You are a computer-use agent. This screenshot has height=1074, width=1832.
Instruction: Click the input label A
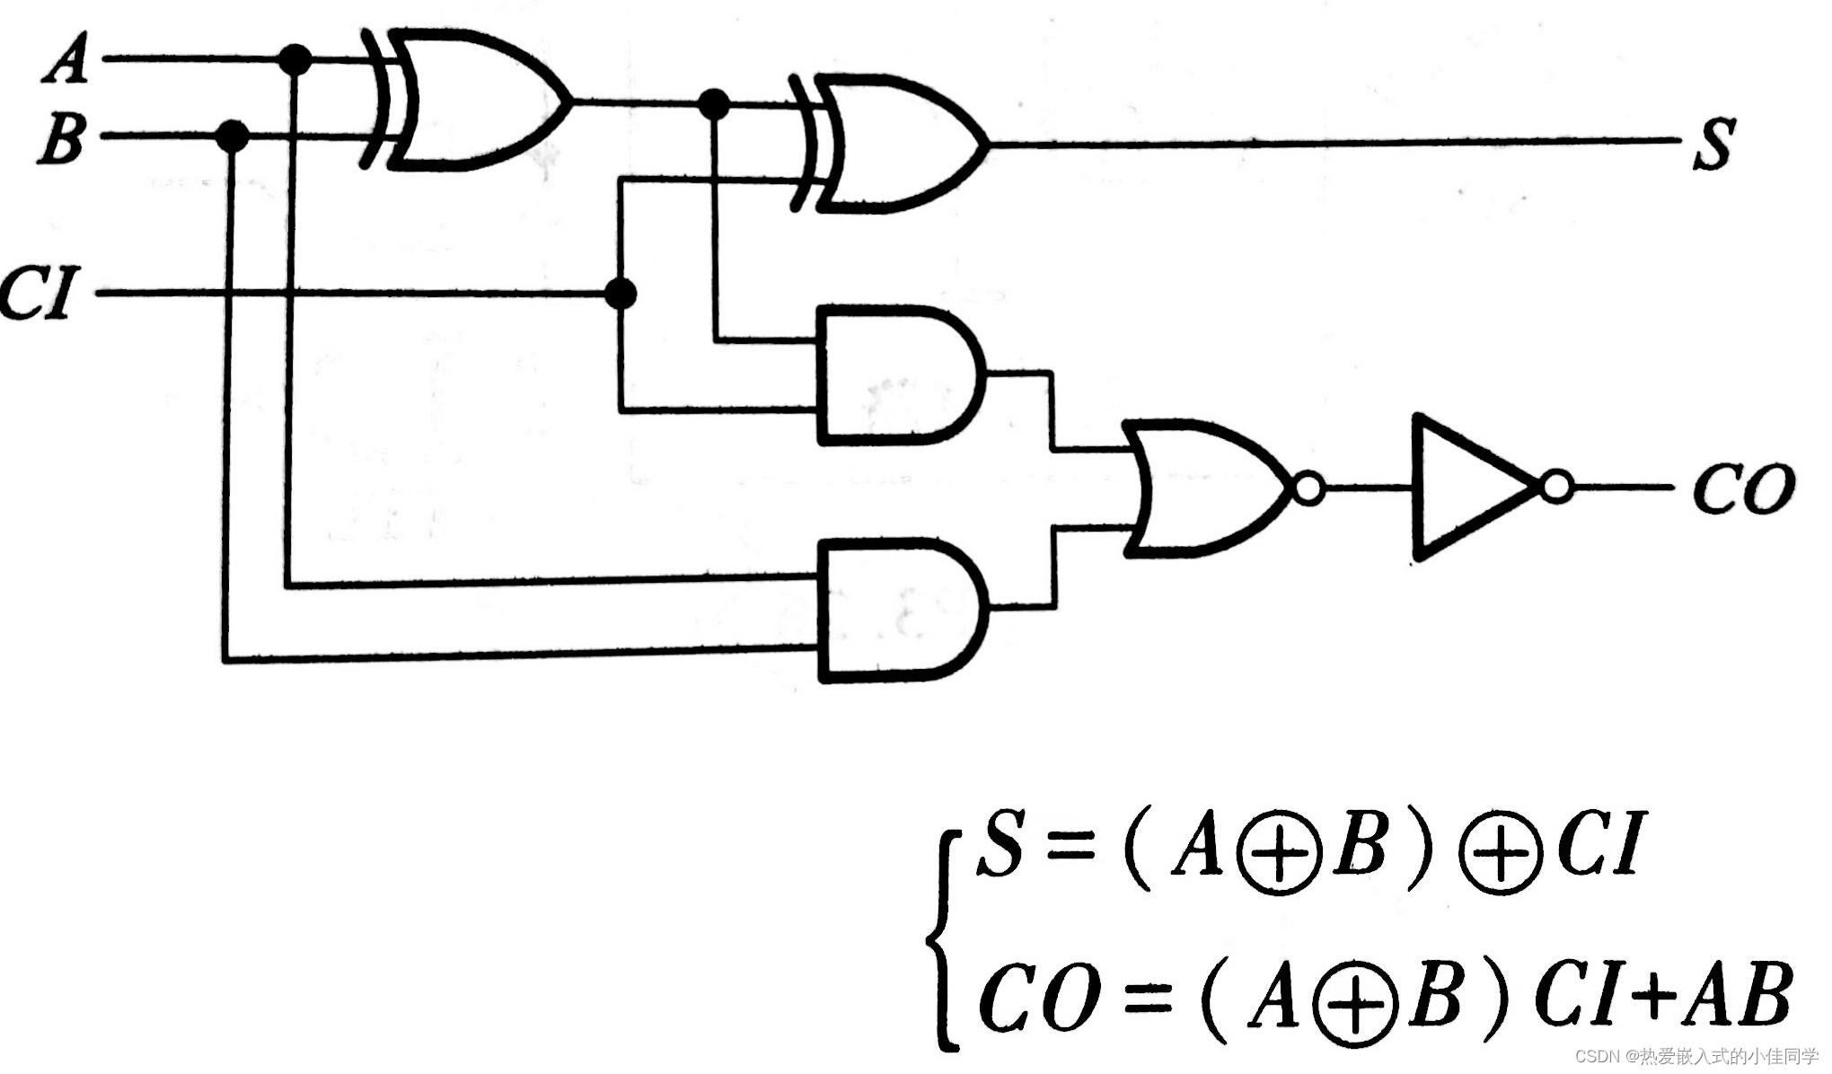(x=66, y=61)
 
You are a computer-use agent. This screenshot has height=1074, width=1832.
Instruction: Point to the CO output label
(x=1743, y=489)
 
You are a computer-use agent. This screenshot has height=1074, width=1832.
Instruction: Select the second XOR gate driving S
(x=898, y=144)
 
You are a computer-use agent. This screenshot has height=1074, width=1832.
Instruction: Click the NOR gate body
(x=1203, y=487)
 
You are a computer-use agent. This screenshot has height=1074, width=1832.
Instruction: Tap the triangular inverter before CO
(x=1468, y=487)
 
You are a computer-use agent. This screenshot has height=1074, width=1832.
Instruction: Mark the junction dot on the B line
(x=233, y=136)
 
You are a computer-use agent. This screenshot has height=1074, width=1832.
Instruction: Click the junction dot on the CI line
(x=621, y=293)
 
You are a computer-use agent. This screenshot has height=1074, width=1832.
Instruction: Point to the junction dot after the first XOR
(x=714, y=104)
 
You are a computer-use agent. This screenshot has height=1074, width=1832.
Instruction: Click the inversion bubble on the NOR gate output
(x=1308, y=489)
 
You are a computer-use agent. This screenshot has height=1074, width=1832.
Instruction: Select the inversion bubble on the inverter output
(x=1557, y=488)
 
